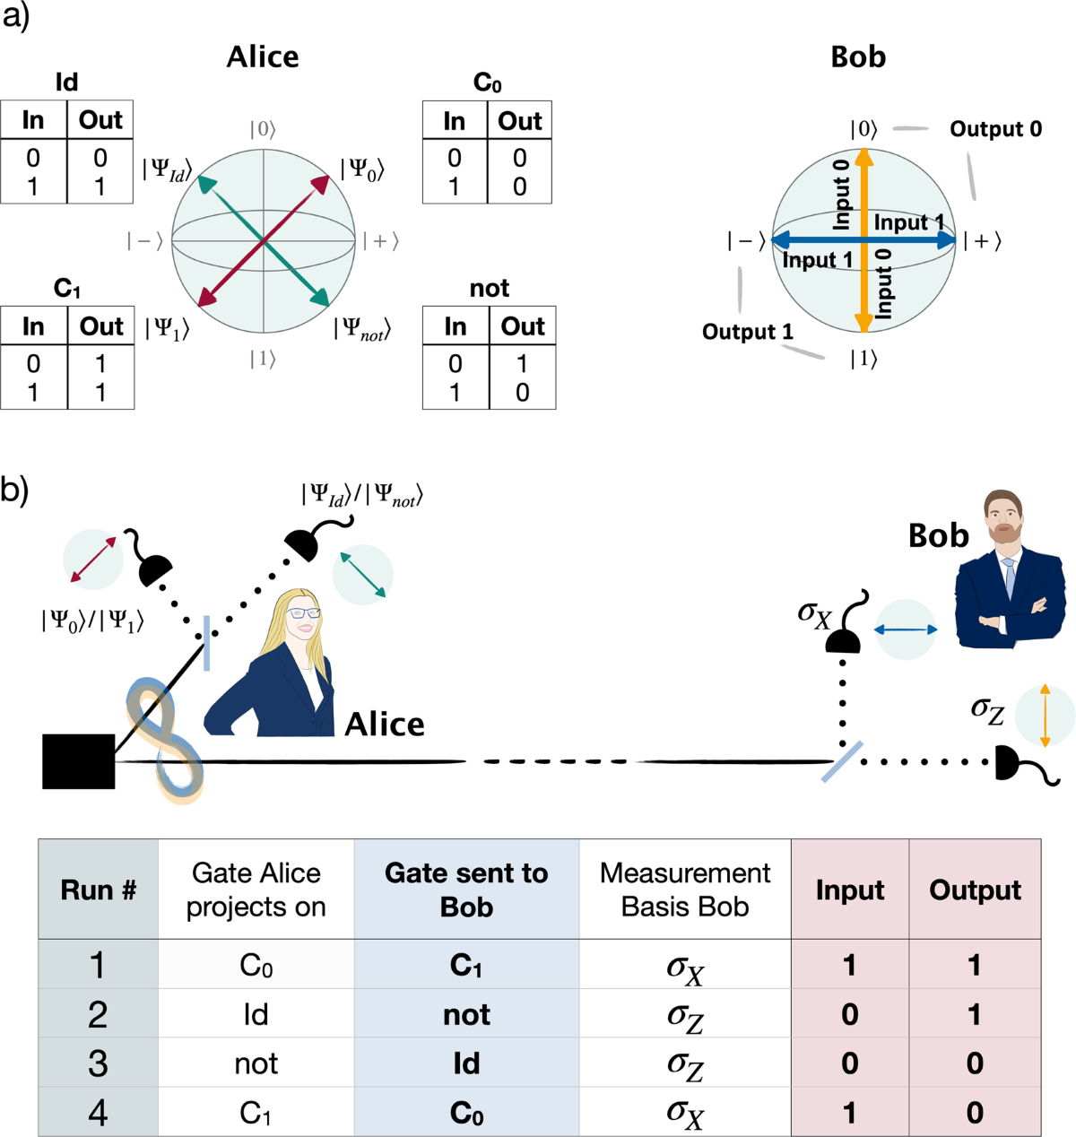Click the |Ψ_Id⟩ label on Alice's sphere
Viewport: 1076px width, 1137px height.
pos(167,169)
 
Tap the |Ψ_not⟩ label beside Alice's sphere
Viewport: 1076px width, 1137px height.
pos(362,328)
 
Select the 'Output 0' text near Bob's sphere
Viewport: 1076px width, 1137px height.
pos(995,129)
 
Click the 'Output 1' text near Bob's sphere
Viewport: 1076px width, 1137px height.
pos(747,332)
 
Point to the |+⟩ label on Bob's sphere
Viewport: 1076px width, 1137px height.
pos(982,241)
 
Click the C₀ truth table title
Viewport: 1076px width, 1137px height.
pos(487,83)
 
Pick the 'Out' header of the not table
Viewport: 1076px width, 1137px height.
pos(523,326)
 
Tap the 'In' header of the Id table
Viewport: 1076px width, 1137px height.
pos(33,120)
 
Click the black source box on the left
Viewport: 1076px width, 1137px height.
pos(79,761)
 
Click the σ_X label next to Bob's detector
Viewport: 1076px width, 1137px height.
pos(814,614)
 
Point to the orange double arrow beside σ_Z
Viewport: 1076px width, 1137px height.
pos(1045,716)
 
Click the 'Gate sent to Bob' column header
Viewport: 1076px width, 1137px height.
pos(466,890)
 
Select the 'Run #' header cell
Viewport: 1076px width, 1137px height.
pos(98,890)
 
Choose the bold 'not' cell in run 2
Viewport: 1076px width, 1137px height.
pos(466,1014)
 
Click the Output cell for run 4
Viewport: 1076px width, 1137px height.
pos(975,1113)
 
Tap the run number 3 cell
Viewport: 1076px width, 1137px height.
pos(98,1063)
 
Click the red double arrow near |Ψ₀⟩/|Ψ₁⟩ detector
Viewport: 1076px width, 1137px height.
pos(93,561)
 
